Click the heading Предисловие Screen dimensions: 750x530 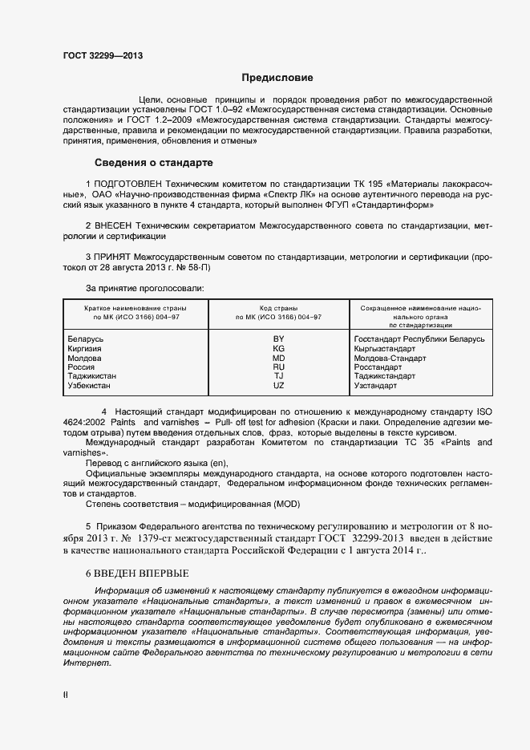pyautogui.click(x=278, y=78)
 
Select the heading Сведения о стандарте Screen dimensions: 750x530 pyautogui.click(x=153, y=162)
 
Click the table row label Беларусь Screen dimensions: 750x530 pyautogui.click(x=87, y=339)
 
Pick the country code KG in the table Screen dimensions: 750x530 pyautogui.click(x=278, y=349)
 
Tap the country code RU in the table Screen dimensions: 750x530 pyautogui.click(x=278, y=367)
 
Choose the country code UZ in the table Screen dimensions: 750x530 pyautogui.click(x=278, y=385)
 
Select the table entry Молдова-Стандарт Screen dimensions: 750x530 pyautogui.click(x=390, y=358)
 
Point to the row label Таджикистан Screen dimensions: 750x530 pyautogui.click(x=93, y=376)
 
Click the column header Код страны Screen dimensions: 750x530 pyautogui.click(x=278, y=308)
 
